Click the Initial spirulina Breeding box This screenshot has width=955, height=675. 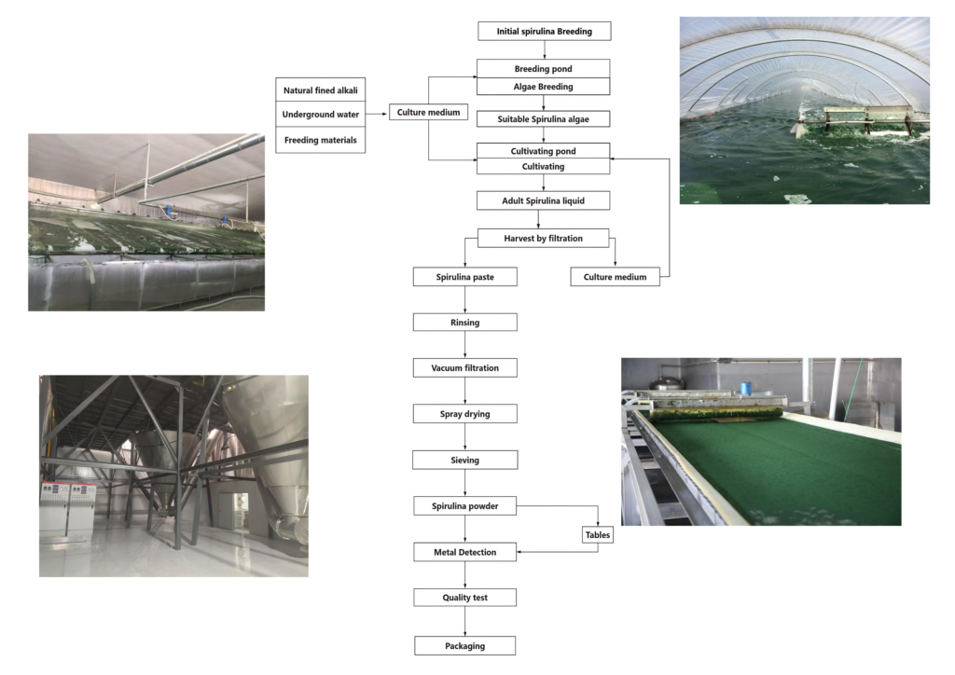pyautogui.click(x=545, y=32)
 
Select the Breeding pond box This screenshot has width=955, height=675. pyautogui.click(x=543, y=69)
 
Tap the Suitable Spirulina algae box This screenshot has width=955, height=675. pyautogui.click(x=543, y=118)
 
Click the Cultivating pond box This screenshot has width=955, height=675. pyautogui.click(x=543, y=150)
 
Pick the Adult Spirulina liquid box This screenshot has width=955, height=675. pyautogui.click(x=543, y=200)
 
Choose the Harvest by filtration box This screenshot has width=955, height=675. pyautogui.click(x=543, y=238)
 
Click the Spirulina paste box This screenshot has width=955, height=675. pyautogui.click(x=464, y=277)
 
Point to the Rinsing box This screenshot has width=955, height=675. pyautogui.click(x=464, y=322)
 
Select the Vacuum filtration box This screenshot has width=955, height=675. pyautogui.click(x=464, y=367)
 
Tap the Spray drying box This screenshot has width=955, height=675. pyautogui.click(x=464, y=413)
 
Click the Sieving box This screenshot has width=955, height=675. pyautogui.click(x=464, y=459)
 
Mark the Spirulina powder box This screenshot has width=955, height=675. pyautogui.click(x=464, y=506)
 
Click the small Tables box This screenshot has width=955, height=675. pyautogui.click(x=598, y=535)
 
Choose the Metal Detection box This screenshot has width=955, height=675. pyautogui.click(x=464, y=552)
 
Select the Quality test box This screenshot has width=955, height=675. pyautogui.click(x=464, y=597)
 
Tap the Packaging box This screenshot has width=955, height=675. pyautogui.click(x=464, y=644)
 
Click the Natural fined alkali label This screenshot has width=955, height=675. pyautogui.click(x=321, y=90)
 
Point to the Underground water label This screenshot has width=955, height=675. pyautogui.click(x=321, y=115)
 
